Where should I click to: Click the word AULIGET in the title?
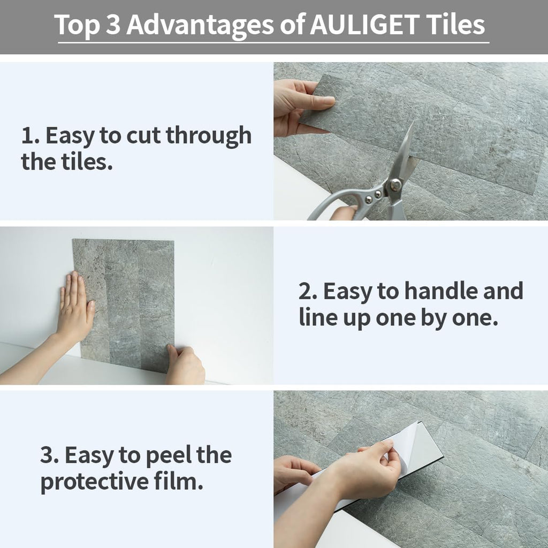click(x=364, y=25)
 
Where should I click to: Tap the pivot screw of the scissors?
click(x=395, y=185)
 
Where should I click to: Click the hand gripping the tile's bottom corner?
click(x=185, y=365)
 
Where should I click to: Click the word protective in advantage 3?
click(x=95, y=483)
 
